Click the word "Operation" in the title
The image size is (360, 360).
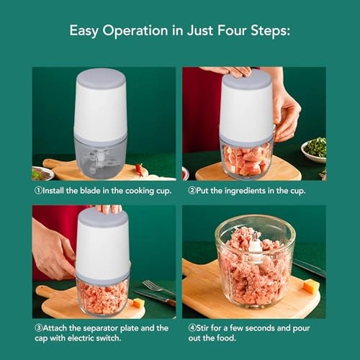pyautogui.click(x=135, y=31)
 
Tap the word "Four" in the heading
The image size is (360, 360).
pyautogui.click(x=232, y=30)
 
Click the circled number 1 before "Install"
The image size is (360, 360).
pyautogui.click(x=38, y=191)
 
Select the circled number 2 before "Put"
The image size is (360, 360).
pyautogui.click(x=192, y=191)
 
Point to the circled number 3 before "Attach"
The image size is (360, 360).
pyautogui.click(x=38, y=328)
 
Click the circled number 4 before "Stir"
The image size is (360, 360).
pyautogui.click(x=192, y=328)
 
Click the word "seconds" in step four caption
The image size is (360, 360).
pyautogui.click(x=260, y=328)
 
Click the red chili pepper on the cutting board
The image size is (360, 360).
pyautogui.click(x=140, y=169)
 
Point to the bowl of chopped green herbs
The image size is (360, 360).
pyautogui.click(x=314, y=150)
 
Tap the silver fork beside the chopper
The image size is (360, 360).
pyautogui.click(x=158, y=287)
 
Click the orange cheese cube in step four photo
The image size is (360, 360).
pyautogui.click(x=311, y=286)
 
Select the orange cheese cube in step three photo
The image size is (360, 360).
pyautogui.click(x=138, y=303)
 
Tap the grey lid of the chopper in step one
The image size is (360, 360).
pyautogui.click(x=101, y=78)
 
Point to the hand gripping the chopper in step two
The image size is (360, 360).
pyautogui.click(x=286, y=113)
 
